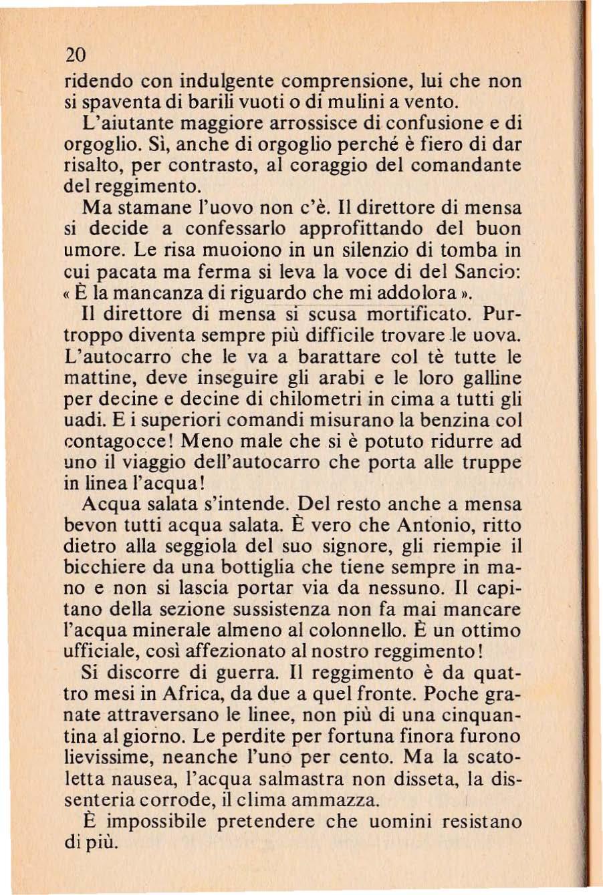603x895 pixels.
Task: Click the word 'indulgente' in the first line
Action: point(231,82)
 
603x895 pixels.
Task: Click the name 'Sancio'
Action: point(489,272)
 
